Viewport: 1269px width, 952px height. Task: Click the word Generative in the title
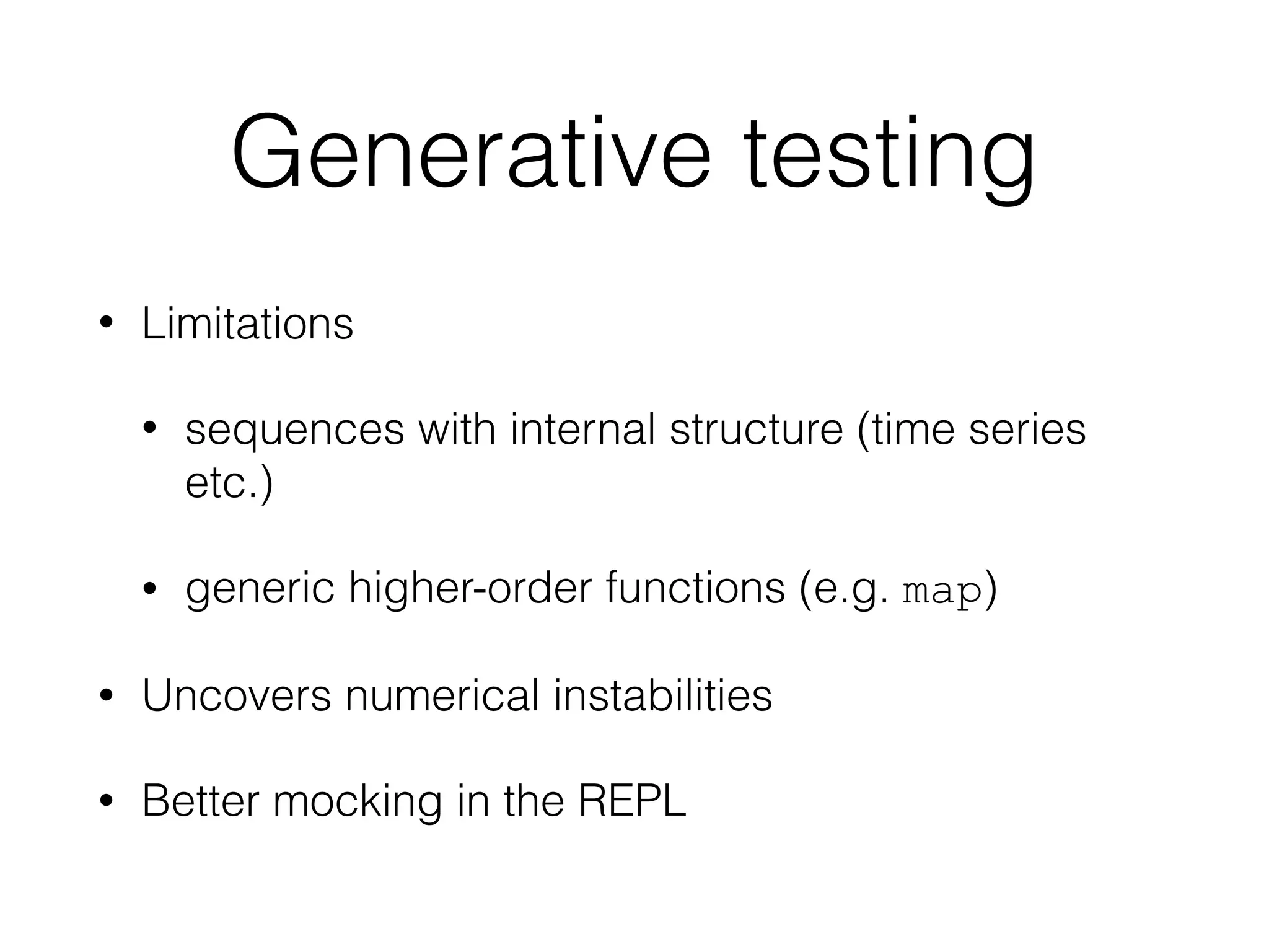[x=471, y=152]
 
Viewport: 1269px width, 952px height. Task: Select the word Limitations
[x=247, y=324]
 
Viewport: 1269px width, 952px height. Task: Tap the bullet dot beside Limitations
[x=107, y=324]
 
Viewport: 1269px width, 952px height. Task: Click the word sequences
[x=294, y=430]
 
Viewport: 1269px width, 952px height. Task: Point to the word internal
[x=582, y=429]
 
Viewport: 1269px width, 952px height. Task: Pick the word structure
[x=757, y=429]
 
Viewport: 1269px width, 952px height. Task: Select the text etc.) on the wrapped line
[x=229, y=483]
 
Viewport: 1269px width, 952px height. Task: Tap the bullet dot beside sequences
[x=149, y=429]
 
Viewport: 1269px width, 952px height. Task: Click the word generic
[x=260, y=589]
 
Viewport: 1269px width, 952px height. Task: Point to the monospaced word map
[x=942, y=593]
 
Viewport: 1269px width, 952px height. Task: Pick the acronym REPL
[x=632, y=801]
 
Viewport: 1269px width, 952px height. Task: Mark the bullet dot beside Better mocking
[x=107, y=801]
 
